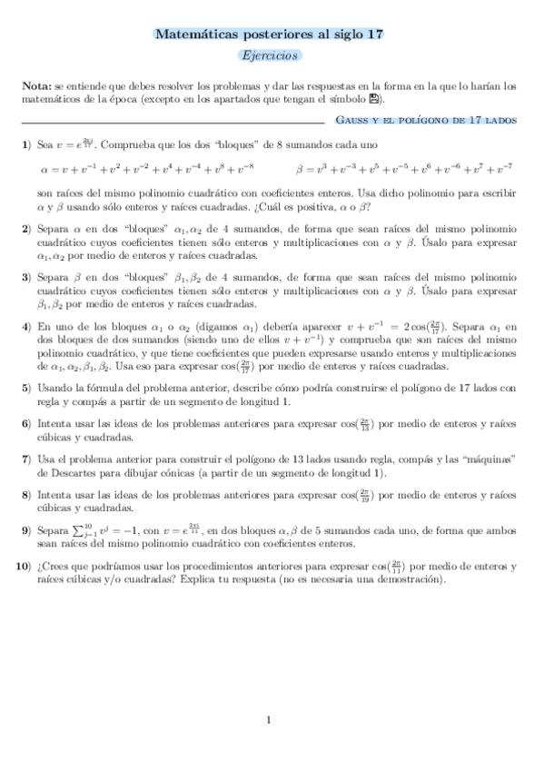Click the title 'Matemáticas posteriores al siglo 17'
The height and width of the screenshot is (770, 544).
pyautogui.click(x=270, y=34)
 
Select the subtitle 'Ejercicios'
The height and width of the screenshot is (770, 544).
pyautogui.click(x=270, y=56)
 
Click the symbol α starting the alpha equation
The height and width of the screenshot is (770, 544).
pyautogui.click(x=45, y=169)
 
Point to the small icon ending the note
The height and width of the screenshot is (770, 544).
pyautogui.click(x=375, y=98)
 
